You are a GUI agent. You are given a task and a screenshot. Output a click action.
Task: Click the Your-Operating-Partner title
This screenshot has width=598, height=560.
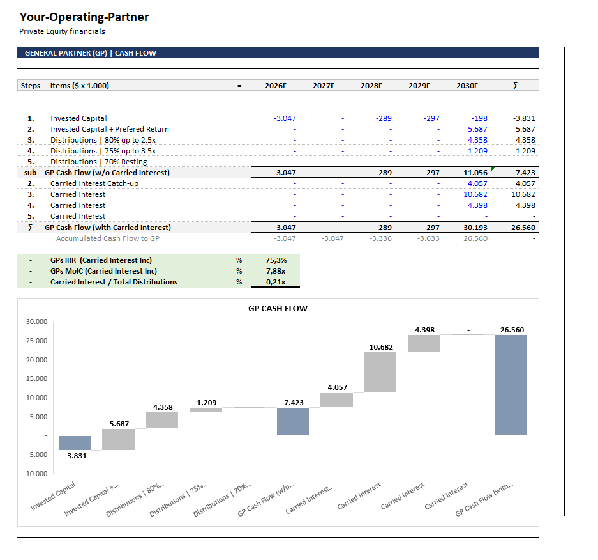pyautogui.click(x=84, y=17)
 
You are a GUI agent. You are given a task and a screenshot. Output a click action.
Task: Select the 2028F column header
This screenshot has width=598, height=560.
pyautogui.click(x=371, y=86)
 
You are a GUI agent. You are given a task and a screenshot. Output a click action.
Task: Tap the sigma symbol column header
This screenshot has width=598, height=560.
pyautogui.click(x=515, y=86)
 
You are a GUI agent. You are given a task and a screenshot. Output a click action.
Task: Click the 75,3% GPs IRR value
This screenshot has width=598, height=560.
pyautogui.click(x=276, y=260)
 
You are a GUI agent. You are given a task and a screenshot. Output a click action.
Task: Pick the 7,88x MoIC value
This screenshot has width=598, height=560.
pyautogui.click(x=276, y=271)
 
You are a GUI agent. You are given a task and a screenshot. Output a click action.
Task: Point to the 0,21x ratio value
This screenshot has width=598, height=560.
pyautogui.click(x=276, y=282)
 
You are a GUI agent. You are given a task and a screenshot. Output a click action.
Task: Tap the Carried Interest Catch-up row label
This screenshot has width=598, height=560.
pyautogui.click(x=94, y=183)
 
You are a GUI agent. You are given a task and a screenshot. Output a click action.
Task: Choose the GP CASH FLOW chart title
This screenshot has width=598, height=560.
pyautogui.click(x=278, y=309)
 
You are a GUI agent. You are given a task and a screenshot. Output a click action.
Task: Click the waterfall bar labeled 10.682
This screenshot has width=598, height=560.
pyautogui.click(x=380, y=371)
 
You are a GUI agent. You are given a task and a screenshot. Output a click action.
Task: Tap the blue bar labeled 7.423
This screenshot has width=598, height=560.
pyautogui.click(x=293, y=421)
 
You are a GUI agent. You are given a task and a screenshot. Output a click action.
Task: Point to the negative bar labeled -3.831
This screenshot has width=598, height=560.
pyautogui.click(x=75, y=442)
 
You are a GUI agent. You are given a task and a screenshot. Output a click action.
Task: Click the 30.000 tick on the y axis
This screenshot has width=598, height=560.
pyautogui.click(x=36, y=322)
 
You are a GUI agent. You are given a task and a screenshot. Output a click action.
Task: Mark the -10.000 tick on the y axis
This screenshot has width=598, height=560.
pyautogui.click(x=36, y=474)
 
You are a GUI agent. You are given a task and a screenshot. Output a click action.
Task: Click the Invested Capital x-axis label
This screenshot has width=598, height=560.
pyautogui.click(x=54, y=497)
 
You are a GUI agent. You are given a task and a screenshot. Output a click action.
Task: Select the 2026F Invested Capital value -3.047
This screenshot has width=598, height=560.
pyautogui.click(x=285, y=118)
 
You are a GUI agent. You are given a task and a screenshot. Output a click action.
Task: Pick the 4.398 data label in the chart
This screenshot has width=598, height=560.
pyautogui.click(x=424, y=330)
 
